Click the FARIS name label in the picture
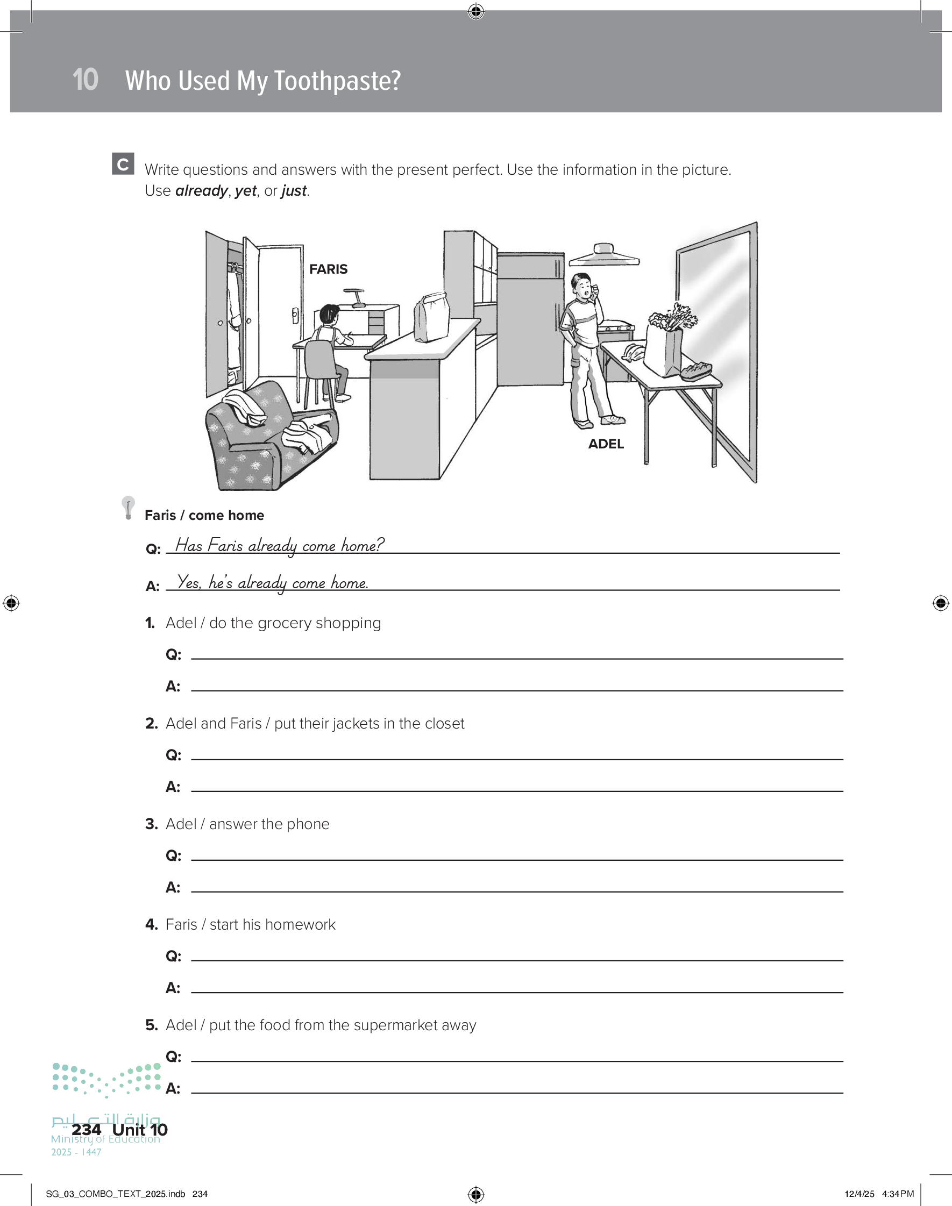pos(328,269)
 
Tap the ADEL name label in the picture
pos(606,444)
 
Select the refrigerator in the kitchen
pos(531,319)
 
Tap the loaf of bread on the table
pos(696,370)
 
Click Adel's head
pos(582,285)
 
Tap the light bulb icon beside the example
pos(128,508)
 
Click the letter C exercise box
pos(123,164)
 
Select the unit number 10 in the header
pos(86,80)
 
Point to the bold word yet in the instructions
pos(246,191)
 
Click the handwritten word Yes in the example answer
pos(188,582)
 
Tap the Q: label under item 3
pos(173,855)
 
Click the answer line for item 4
pos(517,993)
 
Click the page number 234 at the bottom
pos(87,1130)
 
